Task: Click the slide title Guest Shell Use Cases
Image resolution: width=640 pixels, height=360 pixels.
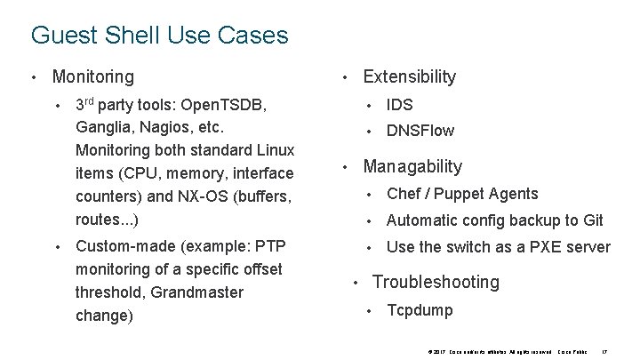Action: pyautogui.click(x=159, y=36)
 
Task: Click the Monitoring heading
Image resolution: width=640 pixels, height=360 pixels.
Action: pyautogui.click(x=93, y=77)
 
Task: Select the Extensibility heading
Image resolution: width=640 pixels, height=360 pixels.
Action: pyautogui.click(x=409, y=77)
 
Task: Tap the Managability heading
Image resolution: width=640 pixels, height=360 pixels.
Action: pyautogui.click(x=412, y=167)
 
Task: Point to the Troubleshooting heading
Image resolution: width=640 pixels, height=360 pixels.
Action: pyautogui.click(x=436, y=283)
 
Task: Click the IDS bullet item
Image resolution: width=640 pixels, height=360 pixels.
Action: pyautogui.click(x=400, y=105)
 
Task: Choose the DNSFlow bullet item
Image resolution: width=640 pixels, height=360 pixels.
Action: pyautogui.click(x=420, y=132)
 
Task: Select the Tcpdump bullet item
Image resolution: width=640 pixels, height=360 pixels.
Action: pyautogui.click(x=420, y=311)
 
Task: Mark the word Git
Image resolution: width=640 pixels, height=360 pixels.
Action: pyautogui.click(x=593, y=220)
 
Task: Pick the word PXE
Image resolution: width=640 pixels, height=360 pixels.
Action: pyautogui.click(x=545, y=247)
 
